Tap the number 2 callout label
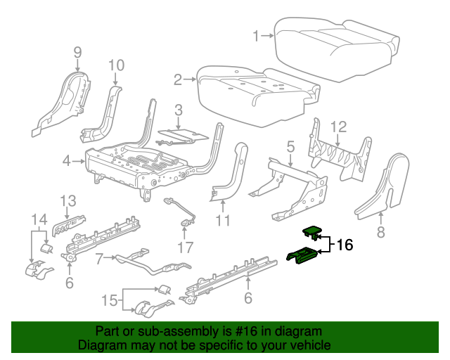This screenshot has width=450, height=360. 179,79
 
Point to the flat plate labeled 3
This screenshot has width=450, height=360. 181,134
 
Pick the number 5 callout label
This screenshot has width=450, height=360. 290,147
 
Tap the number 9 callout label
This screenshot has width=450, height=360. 77,52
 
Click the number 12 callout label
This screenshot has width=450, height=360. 339,127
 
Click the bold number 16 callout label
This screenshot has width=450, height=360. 344,245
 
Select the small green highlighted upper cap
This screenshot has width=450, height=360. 312,229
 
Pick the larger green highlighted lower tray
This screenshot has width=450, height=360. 304,257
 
